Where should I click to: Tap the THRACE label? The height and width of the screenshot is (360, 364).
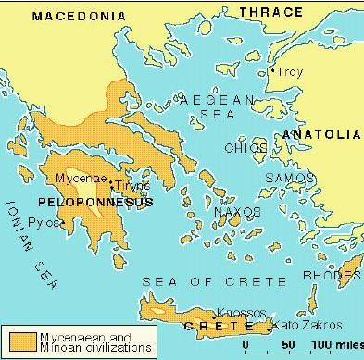tap(271, 11)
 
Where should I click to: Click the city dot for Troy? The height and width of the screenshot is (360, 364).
tap(270, 71)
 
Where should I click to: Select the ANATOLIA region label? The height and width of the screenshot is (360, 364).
tap(320, 134)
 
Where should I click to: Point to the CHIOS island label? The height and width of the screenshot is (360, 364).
tap(246, 148)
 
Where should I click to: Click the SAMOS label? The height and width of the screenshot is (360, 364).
tap(284, 177)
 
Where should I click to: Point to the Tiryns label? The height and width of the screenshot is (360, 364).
tap(131, 185)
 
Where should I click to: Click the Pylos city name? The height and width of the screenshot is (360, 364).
tap(44, 223)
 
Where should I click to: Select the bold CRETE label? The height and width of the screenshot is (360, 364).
tap(221, 327)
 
